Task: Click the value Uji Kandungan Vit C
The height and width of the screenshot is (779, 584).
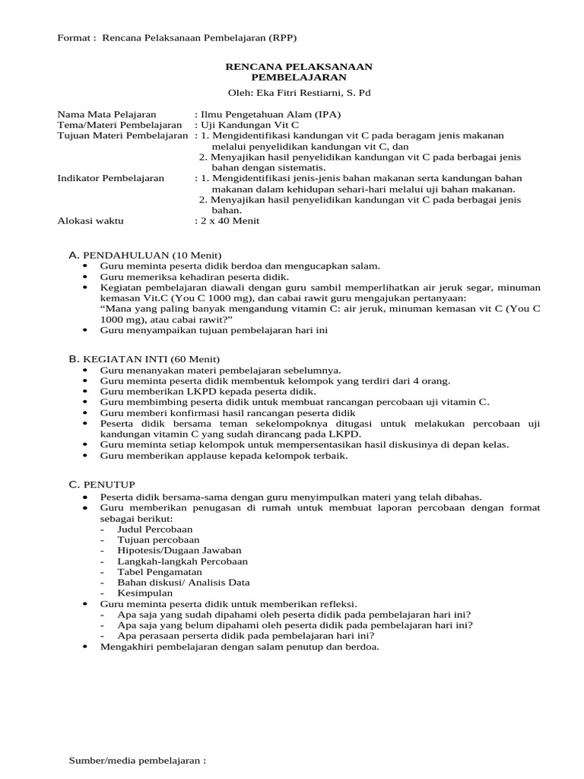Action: click(x=246, y=125)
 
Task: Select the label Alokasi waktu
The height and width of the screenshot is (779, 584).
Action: click(x=90, y=221)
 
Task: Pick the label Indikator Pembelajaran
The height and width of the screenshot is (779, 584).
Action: click(x=111, y=178)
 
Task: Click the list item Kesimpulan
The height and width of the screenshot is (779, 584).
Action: click(x=145, y=593)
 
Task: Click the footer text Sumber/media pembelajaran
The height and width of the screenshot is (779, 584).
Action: click(x=138, y=760)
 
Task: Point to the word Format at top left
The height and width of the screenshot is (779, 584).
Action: click(x=75, y=38)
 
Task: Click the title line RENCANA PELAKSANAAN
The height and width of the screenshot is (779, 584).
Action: click(x=299, y=67)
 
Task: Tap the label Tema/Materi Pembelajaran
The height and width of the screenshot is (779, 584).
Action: click(x=120, y=125)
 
